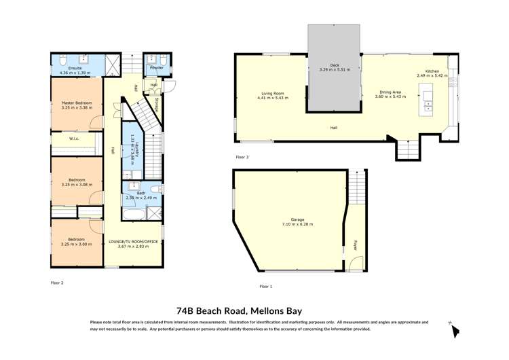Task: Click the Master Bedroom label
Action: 76,103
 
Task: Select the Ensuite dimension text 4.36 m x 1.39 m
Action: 75,72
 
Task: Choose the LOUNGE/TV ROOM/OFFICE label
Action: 132,241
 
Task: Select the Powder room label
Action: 155,68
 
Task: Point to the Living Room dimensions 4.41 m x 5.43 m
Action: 272,98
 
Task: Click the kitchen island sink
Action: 429,106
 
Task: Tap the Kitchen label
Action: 432,71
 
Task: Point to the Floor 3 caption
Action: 242,157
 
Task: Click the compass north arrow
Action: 455,330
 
